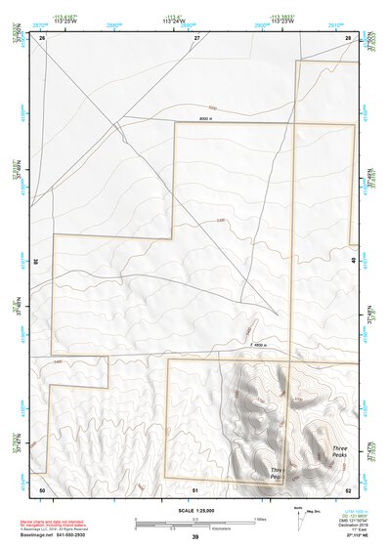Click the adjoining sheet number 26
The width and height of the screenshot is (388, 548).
tap(43, 37)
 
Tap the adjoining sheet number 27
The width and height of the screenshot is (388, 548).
tap(195, 37)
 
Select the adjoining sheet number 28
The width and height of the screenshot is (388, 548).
tap(348, 37)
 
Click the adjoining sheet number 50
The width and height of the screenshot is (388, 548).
tap(42, 488)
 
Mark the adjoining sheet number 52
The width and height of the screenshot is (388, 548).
tap(348, 488)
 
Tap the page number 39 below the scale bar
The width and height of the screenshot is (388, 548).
tap(194, 537)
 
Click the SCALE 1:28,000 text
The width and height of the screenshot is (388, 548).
tap(194, 511)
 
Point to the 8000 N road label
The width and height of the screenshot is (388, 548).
tap(204, 118)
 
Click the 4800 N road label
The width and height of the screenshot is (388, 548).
tap(258, 344)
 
